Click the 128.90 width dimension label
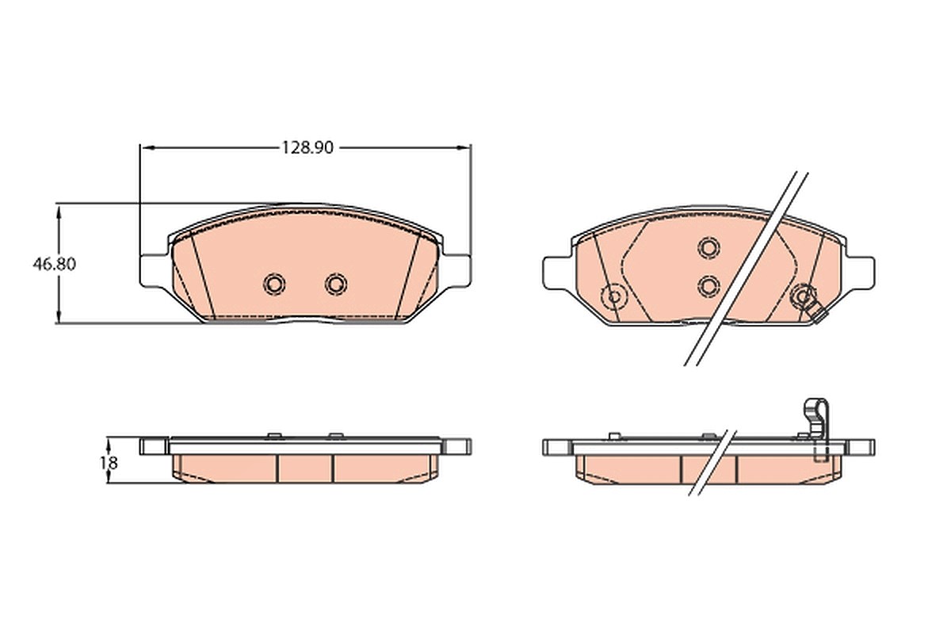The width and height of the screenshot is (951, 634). (x=308, y=147)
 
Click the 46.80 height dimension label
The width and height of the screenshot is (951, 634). (x=55, y=264)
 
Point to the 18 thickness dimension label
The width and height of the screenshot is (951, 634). (x=109, y=463)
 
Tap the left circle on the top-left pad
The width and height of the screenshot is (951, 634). (x=274, y=284)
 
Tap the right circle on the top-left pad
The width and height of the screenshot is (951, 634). (x=336, y=284)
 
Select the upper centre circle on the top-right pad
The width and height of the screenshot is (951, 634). (x=708, y=248)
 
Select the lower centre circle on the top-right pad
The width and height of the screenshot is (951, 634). (x=708, y=286)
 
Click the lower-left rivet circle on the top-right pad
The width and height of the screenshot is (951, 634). (x=614, y=296)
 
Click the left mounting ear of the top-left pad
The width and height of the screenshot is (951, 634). (x=154, y=270)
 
